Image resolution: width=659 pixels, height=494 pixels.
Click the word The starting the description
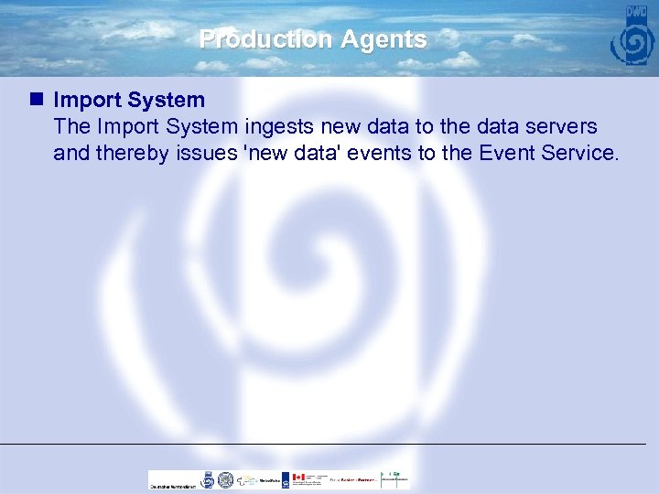[x=71, y=126]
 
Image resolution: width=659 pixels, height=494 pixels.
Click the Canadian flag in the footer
[x=297, y=478]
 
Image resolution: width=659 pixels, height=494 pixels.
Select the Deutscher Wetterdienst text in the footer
[x=172, y=486]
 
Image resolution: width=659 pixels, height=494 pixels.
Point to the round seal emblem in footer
[x=225, y=479]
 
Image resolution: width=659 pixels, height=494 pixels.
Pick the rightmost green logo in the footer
[x=394, y=478]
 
